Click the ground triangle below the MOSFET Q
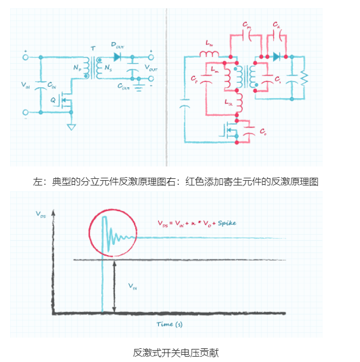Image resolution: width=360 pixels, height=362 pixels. pos(71,126)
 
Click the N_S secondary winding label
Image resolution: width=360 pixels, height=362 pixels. pos(107,70)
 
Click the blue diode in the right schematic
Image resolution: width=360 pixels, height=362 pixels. pos(277,57)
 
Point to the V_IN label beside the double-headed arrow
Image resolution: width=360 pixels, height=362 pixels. pos(134,285)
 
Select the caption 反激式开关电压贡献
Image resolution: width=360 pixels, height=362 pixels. pos(176,352)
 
